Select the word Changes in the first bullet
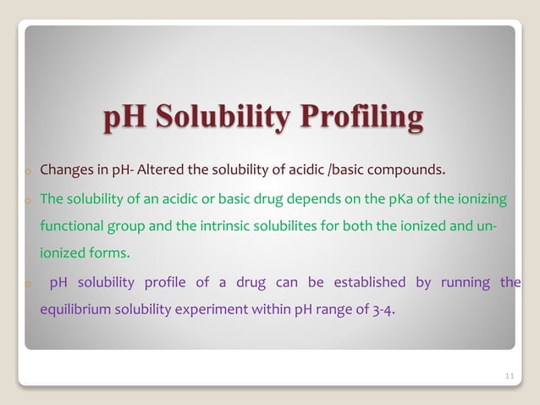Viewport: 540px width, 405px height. click(66, 174)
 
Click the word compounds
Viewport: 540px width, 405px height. click(403, 174)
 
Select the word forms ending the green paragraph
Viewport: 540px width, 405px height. click(113, 253)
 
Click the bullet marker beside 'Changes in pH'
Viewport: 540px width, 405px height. click(28, 175)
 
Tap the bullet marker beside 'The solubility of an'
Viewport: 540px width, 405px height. click(28, 202)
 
